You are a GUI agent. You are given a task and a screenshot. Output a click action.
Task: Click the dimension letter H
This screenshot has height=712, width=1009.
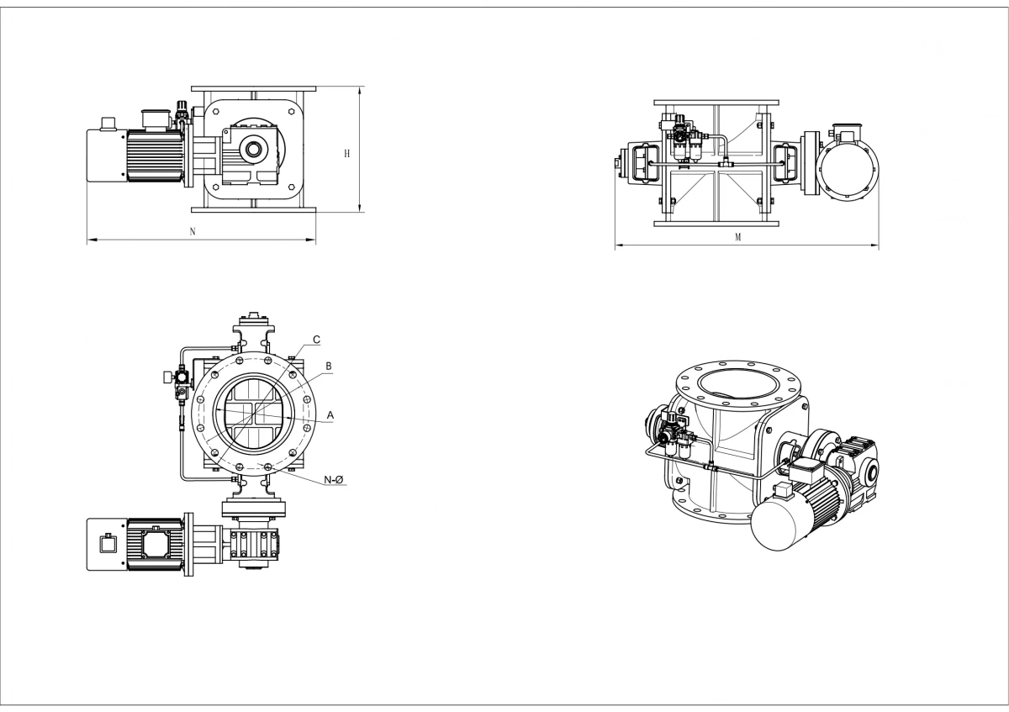coord(346,154)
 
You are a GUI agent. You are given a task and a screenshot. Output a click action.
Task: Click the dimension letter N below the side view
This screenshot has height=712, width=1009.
coord(193,231)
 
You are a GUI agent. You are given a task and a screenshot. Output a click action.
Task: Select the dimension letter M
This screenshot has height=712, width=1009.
coord(738,237)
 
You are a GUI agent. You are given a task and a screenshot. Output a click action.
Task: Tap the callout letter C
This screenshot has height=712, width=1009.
coord(317,340)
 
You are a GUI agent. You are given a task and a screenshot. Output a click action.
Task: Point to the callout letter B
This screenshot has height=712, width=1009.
coord(329,367)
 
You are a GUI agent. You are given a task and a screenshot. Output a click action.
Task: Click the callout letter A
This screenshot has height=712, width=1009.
coord(330,415)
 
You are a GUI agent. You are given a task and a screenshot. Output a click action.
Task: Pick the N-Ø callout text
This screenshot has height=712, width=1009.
coord(334,480)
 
